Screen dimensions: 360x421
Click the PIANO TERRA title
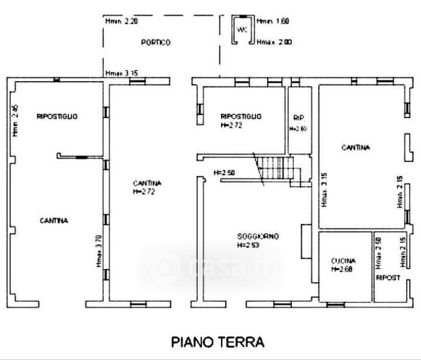218,343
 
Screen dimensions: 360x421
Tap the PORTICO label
156,43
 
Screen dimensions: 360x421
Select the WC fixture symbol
241,30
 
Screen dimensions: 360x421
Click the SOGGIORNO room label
258,236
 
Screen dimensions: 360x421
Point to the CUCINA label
344,261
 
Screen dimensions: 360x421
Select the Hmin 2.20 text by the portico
122,22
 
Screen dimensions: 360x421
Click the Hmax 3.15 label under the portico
122,73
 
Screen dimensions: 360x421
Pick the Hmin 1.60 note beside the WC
273,22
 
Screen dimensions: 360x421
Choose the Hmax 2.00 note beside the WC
274,43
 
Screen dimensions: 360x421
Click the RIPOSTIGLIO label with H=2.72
241,116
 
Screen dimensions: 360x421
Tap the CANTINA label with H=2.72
148,182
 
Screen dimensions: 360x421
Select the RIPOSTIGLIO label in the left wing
57,116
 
